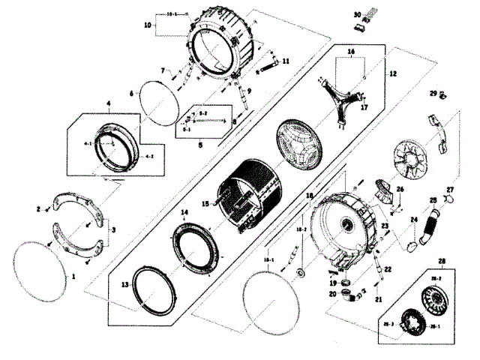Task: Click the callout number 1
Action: (73, 276)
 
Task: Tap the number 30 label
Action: (357, 13)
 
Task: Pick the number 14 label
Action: (184, 214)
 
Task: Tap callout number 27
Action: (450, 189)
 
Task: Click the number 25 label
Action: (433, 200)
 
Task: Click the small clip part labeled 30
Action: (360, 25)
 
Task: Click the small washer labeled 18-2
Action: (298, 271)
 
